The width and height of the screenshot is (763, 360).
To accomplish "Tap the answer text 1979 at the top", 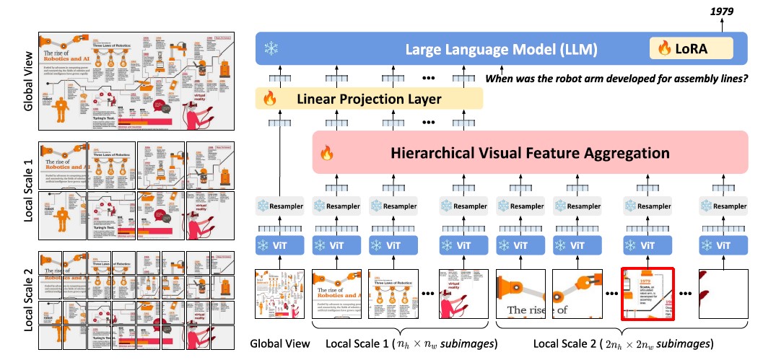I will coord(730,8).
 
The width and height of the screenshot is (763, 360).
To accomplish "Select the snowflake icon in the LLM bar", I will coord(271,49).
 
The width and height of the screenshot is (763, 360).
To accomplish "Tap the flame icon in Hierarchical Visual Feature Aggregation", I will coord(327,153).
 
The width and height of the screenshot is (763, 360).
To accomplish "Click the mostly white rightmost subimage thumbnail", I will coord(725,294).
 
